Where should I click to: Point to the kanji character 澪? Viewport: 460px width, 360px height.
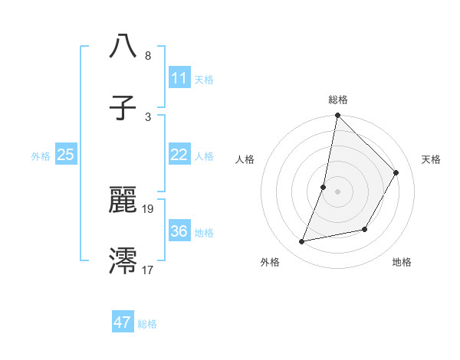pyautogui.click(x=123, y=260)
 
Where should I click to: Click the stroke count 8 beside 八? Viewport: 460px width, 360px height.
pyautogui.click(x=147, y=56)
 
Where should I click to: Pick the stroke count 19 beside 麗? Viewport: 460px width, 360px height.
pyautogui.click(x=149, y=208)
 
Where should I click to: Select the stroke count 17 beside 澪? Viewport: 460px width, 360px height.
pyautogui.click(x=149, y=270)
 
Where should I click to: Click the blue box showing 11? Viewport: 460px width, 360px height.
pyautogui.click(x=179, y=78)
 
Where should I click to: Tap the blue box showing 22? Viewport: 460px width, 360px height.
pyautogui.click(x=179, y=155)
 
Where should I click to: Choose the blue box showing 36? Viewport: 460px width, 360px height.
pyautogui.click(x=179, y=231)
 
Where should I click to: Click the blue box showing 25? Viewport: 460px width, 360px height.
pyautogui.click(x=66, y=155)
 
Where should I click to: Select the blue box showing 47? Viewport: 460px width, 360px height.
pyautogui.click(x=123, y=322)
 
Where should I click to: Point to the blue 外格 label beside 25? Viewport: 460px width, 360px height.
pyautogui.click(x=41, y=156)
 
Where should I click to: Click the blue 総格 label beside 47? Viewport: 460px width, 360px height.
pyautogui.click(x=147, y=324)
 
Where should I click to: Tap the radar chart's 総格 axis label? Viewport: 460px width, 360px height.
pyautogui.click(x=338, y=100)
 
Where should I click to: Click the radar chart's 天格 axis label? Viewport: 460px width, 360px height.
pyautogui.click(x=431, y=159)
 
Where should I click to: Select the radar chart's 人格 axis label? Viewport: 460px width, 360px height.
pyautogui.click(x=245, y=159)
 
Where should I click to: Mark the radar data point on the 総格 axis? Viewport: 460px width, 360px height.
pyautogui.click(x=337, y=116)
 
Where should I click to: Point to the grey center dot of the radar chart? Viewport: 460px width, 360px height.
pyautogui.click(x=337, y=191)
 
